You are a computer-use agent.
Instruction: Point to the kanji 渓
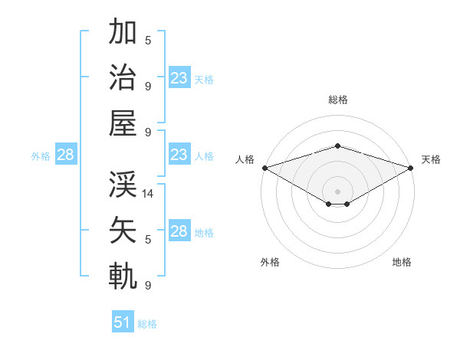pyautogui.click(x=123, y=184)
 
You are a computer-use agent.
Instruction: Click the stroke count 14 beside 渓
pyautogui.click(x=149, y=194)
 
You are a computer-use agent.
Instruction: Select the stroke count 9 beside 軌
pyautogui.click(x=148, y=286)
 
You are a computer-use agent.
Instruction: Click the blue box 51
pyautogui.click(x=122, y=322)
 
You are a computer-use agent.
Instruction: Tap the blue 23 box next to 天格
pyautogui.click(x=179, y=78)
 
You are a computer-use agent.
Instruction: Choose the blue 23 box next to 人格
pyautogui.click(x=179, y=155)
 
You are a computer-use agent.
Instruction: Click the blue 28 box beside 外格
pyautogui.click(x=65, y=155)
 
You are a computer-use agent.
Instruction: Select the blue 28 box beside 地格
pyautogui.click(x=179, y=231)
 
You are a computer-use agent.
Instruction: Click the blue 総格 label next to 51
pyautogui.click(x=147, y=324)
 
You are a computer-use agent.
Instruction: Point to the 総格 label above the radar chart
pyautogui.click(x=337, y=100)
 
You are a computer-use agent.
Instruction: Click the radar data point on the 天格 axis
pyautogui.click(x=411, y=168)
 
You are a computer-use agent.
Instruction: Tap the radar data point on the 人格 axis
pyautogui.click(x=264, y=168)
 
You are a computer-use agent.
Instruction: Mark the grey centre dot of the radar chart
pyautogui.click(x=337, y=190)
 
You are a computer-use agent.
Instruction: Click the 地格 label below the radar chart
pyautogui.click(x=402, y=262)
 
